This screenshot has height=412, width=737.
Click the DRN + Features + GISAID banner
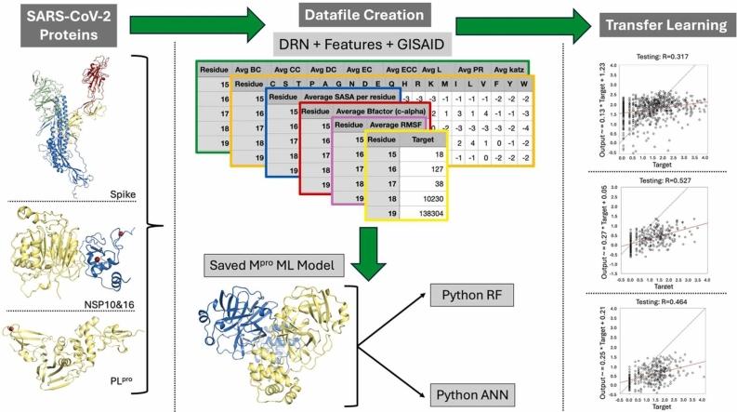pos(368,45)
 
